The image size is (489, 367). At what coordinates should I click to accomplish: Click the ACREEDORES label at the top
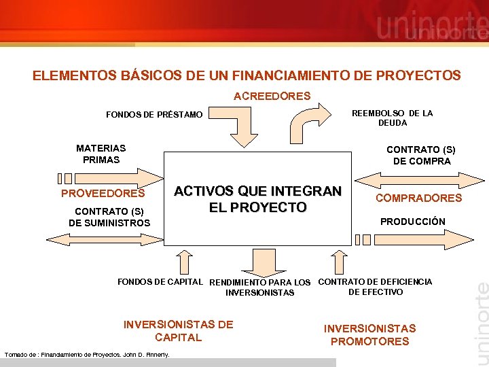click(272, 97)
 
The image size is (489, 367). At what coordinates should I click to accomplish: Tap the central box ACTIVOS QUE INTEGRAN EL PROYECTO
click(258, 198)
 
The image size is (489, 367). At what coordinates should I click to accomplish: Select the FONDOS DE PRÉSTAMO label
click(154, 115)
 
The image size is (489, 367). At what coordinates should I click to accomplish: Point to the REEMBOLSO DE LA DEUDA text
click(392, 118)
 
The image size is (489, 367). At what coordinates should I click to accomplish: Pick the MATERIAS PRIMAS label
click(101, 154)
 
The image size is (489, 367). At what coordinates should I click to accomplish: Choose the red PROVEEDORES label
click(103, 194)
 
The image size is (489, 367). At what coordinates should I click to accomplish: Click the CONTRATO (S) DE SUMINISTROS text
click(109, 217)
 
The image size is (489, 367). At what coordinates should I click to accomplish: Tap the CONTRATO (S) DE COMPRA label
click(421, 156)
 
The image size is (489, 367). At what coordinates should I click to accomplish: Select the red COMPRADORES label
click(418, 198)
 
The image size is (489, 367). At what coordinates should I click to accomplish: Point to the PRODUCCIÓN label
click(412, 222)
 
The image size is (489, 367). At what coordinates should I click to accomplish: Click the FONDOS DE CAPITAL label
click(160, 281)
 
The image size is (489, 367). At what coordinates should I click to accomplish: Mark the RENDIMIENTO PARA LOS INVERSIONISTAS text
click(260, 287)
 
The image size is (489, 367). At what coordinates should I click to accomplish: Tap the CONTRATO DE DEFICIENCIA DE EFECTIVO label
click(375, 287)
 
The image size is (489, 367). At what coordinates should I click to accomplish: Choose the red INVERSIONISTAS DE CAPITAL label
click(178, 331)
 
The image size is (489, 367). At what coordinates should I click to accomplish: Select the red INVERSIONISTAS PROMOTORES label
click(369, 335)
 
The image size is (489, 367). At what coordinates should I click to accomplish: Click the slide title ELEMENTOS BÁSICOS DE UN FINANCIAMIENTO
click(247, 75)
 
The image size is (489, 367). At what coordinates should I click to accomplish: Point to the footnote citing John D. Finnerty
click(87, 354)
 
